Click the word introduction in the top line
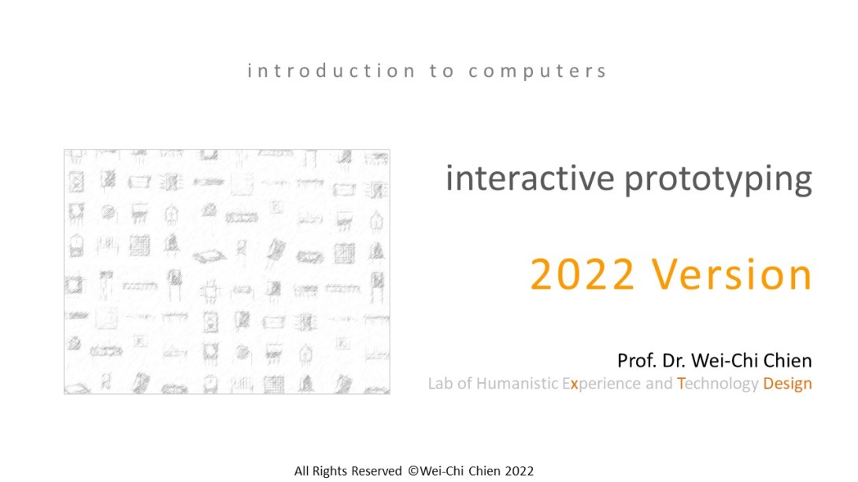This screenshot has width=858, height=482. tap(331, 71)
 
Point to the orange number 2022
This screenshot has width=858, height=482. tap(582, 274)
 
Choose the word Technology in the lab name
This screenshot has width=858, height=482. tap(717, 384)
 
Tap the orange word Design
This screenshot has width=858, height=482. tap(787, 384)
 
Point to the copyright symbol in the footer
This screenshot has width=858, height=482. tap(413, 471)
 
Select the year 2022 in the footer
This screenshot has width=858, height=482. tap(520, 471)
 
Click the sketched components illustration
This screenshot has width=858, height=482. tap(227, 271)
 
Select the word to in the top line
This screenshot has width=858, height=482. tap(442, 72)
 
